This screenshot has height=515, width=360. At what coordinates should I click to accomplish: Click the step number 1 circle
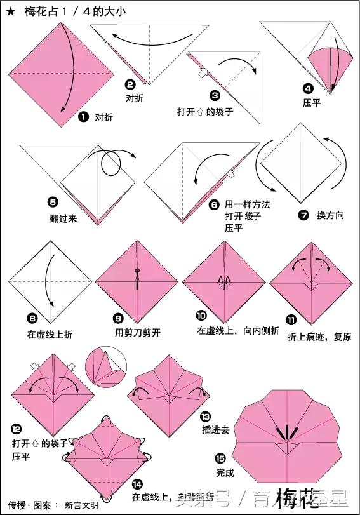click(x=83, y=117)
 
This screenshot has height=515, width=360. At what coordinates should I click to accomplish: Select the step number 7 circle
click(x=303, y=215)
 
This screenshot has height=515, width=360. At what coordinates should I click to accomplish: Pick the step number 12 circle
click(x=17, y=429)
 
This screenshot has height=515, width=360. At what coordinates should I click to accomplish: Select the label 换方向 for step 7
click(x=330, y=216)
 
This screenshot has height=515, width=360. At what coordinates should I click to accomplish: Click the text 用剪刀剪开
click(x=140, y=333)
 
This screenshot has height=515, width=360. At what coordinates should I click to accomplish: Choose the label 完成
click(x=225, y=472)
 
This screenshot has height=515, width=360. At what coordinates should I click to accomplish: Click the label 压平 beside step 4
click(x=312, y=102)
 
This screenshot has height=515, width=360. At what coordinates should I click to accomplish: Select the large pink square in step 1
click(x=60, y=67)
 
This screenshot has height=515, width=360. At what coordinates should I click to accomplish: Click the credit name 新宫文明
click(x=81, y=505)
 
